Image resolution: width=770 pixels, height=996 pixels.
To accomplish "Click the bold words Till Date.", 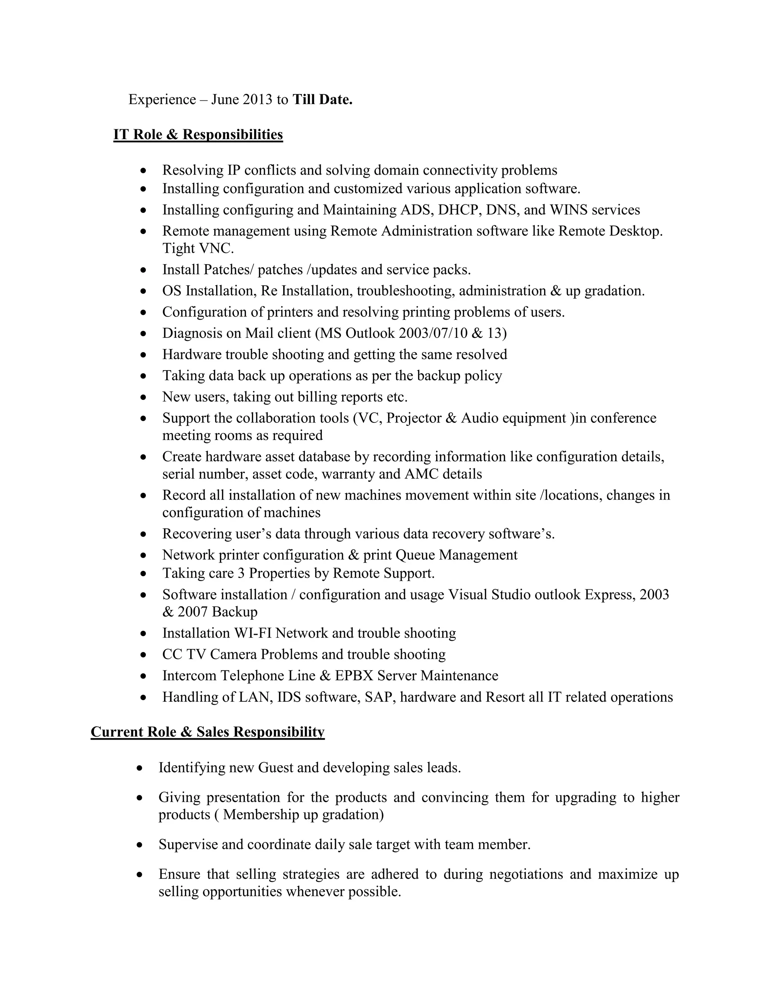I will pos(322,100).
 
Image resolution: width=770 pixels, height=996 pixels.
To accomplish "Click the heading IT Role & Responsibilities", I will pos(198,135).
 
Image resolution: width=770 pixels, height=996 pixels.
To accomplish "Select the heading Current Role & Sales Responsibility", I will pos(208,732).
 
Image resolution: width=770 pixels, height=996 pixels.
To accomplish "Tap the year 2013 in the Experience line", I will pos(257,100).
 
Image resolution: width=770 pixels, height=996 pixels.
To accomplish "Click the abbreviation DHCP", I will pos(458,210).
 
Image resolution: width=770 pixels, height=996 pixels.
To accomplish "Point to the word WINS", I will pos(568,210).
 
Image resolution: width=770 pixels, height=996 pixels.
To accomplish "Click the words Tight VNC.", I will pos(198,248).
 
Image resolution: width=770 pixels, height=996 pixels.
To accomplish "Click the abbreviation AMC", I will pos(420,474).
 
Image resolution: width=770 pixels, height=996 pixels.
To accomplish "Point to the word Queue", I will pos(415,555).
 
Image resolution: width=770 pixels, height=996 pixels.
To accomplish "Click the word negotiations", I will pos(526,874).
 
